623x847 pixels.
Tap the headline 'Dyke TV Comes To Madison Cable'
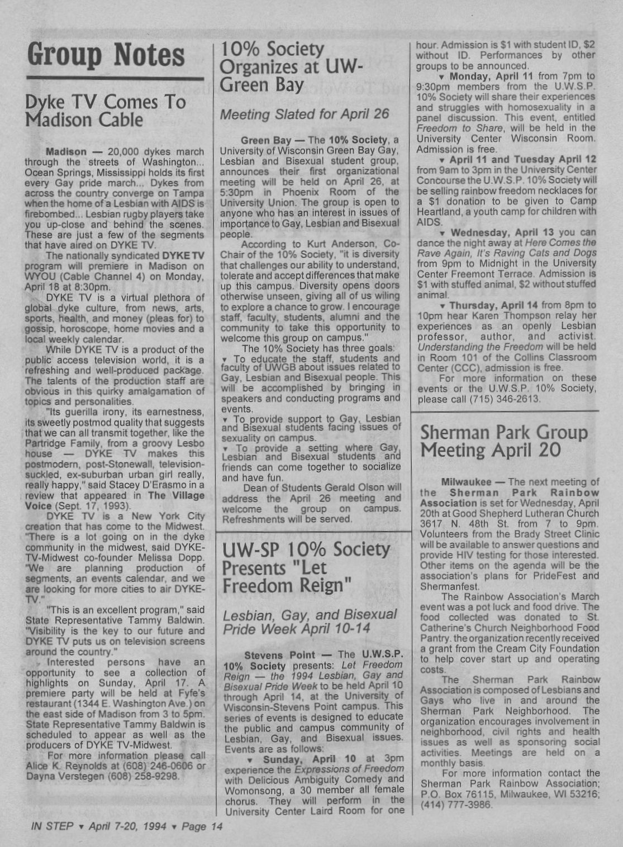point(106,111)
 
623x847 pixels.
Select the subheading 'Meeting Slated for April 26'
point(304,114)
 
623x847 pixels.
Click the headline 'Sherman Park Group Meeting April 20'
point(503,441)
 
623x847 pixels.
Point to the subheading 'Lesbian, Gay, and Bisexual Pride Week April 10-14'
point(310,623)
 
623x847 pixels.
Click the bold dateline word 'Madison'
point(66,152)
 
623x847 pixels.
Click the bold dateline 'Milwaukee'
point(466,482)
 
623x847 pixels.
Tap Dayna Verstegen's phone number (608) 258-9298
point(147,777)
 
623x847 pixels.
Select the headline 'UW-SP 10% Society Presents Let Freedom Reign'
point(306,568)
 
